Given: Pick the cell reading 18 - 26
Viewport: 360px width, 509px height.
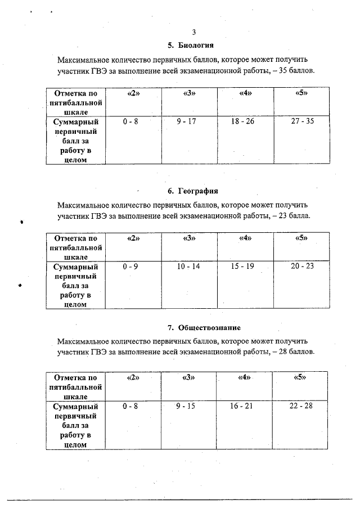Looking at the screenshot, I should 246,121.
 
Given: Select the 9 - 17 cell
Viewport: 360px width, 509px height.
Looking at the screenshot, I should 186,121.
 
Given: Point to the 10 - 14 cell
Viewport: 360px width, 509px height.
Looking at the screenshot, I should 188,266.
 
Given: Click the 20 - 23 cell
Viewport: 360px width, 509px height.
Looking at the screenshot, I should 302,266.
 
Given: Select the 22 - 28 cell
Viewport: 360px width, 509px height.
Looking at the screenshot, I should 300,406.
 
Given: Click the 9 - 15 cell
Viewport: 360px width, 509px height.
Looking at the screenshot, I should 185,406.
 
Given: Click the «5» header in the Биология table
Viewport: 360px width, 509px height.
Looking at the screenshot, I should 301,93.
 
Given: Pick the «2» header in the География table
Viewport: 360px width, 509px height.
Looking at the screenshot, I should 133,238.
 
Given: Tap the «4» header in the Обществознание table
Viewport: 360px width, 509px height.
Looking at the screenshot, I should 244,377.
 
